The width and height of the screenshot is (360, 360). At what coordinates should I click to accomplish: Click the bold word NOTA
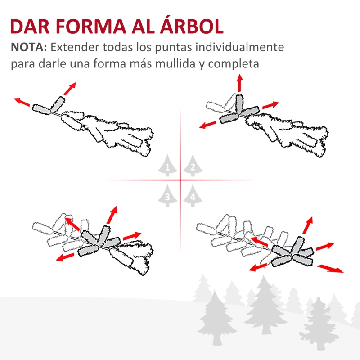pos(29,48)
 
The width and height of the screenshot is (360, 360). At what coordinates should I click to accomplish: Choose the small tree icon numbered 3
pos(167,196)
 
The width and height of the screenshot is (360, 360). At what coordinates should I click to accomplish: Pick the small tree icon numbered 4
pos(193,196)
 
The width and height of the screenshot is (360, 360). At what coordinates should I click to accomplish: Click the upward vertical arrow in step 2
pos(239,83)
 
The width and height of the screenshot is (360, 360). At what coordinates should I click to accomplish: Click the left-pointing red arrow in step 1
pos(22,102)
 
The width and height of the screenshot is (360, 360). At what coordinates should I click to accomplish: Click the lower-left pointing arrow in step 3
pos(66,257)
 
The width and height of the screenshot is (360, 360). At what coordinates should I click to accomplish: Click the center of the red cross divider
pos(180,180)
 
